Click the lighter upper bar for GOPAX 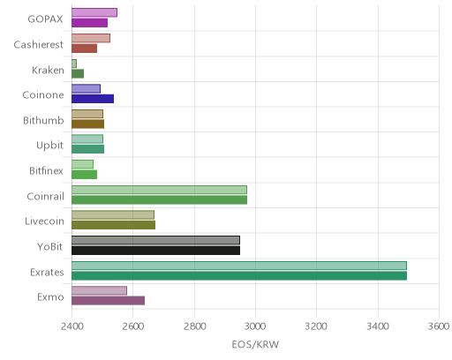pyautogui.click(x=94, y=12)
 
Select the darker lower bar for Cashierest pyautogui.click(x=85, y=49)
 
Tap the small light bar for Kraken pyautogui.click(x=74, y=64)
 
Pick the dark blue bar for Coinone pyautogui.click(x=93, y=99)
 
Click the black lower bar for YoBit pyautogui.click(x=156, y=251)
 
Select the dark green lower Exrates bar pyautogui.click(x=239, y=276)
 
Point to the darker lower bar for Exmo pyautogui.click(x=109, y=301)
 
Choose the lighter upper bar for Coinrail pyautogui.click(x=159, y=190)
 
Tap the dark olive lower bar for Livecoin pyautogui.click(x=114, y=225)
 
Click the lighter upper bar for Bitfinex pyautogui.click(x=83, y=164)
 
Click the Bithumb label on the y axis pyautogui.click(x=43, y=120)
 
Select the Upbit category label pyautogui.click(x=49, y=146)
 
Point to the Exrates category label pyautogui.click(x=47, y=272)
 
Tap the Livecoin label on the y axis pyautogui.click(x=44, y=221)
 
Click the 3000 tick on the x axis pyautogui.click(x=255, y=326)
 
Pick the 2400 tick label pyautogui.click(x=72, y=326)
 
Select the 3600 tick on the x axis pyautogui.click(x=439, y=326)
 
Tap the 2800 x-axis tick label pyautogui.click(x=194, y=326)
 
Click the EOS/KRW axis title pyautogui.click(x=255, y=344)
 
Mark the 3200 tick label pyautogui.click(x=316, y=326)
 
